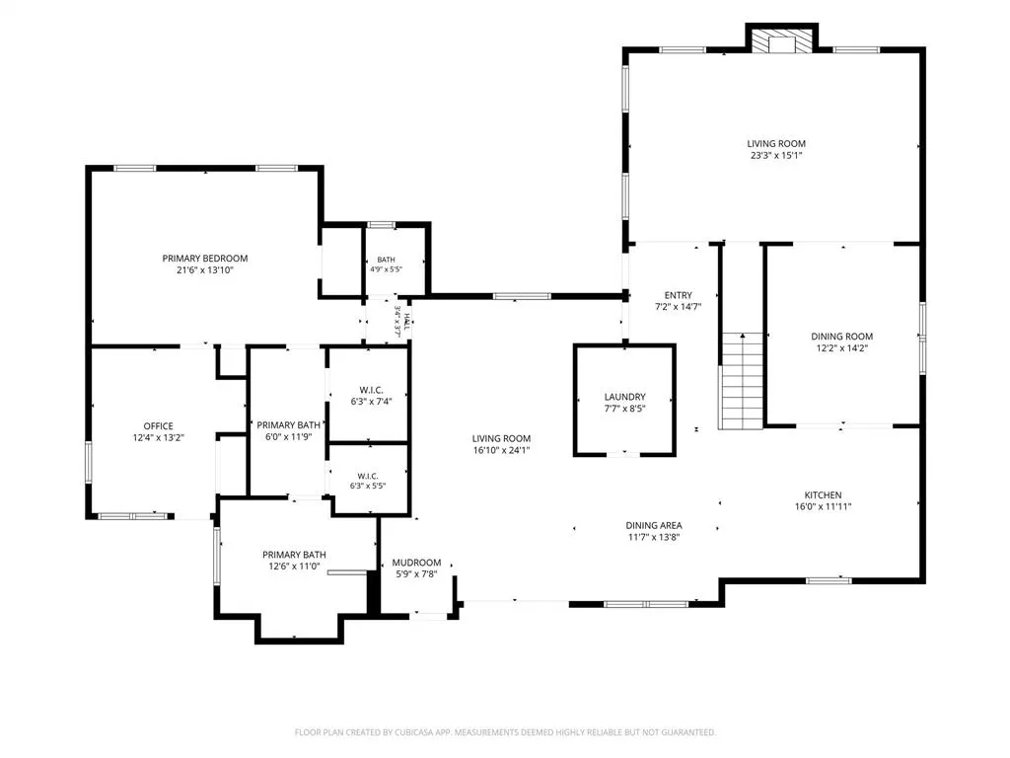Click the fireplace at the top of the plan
[x=781, y=39]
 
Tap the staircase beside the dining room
[x=742, y=380]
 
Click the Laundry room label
[x=624, y=397]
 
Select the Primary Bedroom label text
[x=205, y=259]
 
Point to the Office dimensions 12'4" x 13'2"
[x=159, y=437]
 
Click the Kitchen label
[x=823, y=495]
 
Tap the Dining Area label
[x=654, y=525]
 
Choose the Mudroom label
[x=417, y=563]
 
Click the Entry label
[x=679, y=295]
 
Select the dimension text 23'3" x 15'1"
[x=776, y=155]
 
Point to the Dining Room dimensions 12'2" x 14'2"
[x=842, y=348]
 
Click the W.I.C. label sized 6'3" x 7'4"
[x=371, y=390]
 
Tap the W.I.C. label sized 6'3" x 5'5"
[x=368, y=477]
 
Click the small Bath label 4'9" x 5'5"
[x=386, y=260]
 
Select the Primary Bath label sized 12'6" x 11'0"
[x=294, y=555]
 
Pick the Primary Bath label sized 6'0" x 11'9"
[x=288, y=425]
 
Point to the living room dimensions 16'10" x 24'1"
[x=501, y=450]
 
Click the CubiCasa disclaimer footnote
[x=506, y=732]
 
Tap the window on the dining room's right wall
[x=922, y=339]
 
